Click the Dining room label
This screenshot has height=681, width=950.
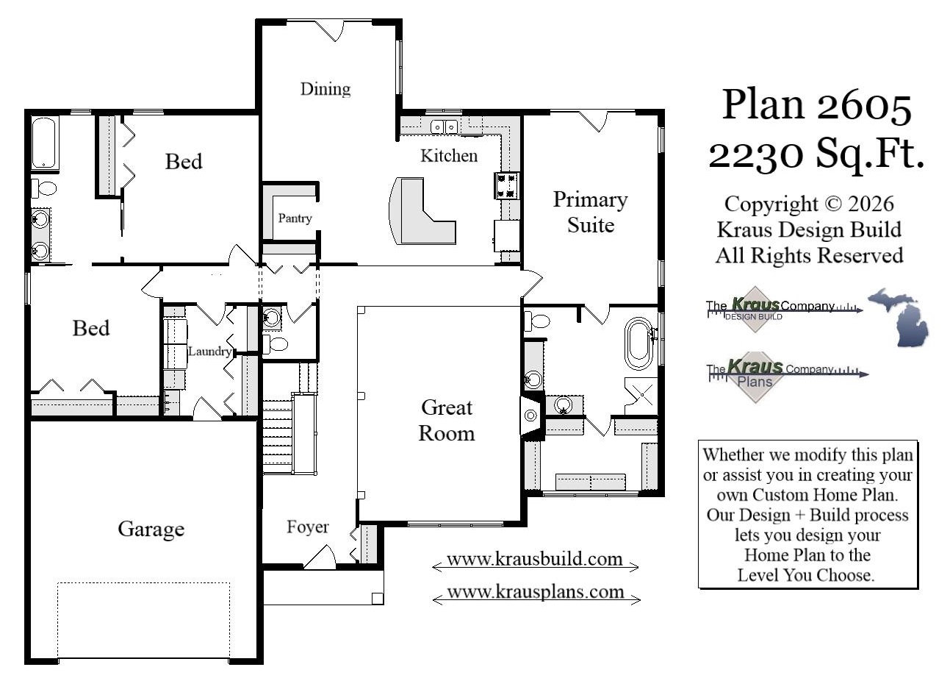325,89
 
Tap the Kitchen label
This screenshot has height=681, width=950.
448,155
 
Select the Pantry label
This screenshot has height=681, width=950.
295,218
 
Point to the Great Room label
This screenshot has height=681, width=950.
447,420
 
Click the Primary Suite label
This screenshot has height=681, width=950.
590,212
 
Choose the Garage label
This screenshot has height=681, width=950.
151,529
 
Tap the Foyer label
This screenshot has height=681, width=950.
307,527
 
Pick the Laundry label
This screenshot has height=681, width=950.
209,352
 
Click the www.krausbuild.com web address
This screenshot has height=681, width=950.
534,559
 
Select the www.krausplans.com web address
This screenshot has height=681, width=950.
535,591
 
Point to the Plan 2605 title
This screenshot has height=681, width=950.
816,104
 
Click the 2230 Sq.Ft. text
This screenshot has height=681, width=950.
816,154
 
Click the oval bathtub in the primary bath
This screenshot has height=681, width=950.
639,343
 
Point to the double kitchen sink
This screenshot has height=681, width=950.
444,126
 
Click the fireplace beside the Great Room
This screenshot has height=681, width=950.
531,416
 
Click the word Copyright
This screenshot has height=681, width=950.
771,204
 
